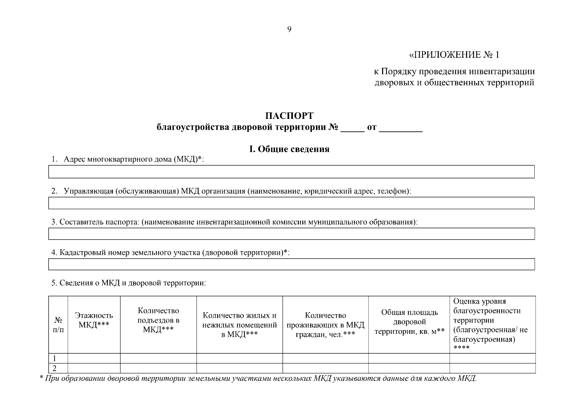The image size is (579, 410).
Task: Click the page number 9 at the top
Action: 289,29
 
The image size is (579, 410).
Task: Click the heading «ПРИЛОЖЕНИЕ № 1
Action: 454,55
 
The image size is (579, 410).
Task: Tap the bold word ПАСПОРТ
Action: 289,116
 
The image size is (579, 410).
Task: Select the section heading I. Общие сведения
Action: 289,149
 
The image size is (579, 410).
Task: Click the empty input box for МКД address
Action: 291,172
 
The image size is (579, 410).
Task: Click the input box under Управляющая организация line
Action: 291,203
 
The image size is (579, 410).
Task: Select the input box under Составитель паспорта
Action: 291,234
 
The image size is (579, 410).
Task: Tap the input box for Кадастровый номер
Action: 291,264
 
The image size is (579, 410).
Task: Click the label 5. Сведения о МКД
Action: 129,283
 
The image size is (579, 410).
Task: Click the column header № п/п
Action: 58,325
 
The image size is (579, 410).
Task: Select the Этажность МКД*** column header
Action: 94,320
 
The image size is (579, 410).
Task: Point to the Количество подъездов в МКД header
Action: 158,320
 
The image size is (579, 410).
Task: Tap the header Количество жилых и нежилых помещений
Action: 240,325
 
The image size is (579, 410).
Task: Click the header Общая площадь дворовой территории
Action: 409,322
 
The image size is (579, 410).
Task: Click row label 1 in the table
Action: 54,358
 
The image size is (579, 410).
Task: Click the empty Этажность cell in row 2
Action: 94,368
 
